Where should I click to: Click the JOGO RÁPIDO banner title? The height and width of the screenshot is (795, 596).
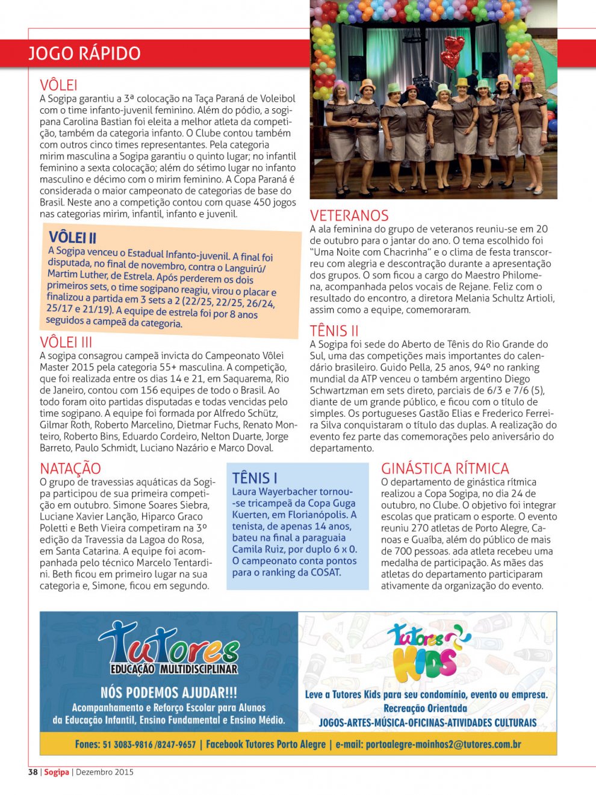point(84,54)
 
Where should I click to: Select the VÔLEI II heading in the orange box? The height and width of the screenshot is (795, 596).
point(72,237)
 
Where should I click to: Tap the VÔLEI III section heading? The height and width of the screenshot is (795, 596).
point(66,342)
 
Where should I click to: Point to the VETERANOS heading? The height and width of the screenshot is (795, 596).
point(349,215)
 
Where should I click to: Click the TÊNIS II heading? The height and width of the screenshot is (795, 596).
point(334,331)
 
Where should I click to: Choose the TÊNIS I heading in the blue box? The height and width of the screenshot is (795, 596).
point(255,478)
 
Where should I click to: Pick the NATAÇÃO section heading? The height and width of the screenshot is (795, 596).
point(70,468)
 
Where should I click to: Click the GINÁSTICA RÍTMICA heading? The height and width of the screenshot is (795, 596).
point(445,468)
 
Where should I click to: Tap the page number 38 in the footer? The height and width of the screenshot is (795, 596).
point(33,772)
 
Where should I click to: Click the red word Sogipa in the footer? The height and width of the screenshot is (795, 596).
point(57,772)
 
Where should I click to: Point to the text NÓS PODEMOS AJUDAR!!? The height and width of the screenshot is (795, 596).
point(169,693)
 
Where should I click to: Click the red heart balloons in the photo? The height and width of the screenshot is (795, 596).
point(452,52)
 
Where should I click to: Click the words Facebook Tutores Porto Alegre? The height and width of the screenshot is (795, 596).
point(265,744)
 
